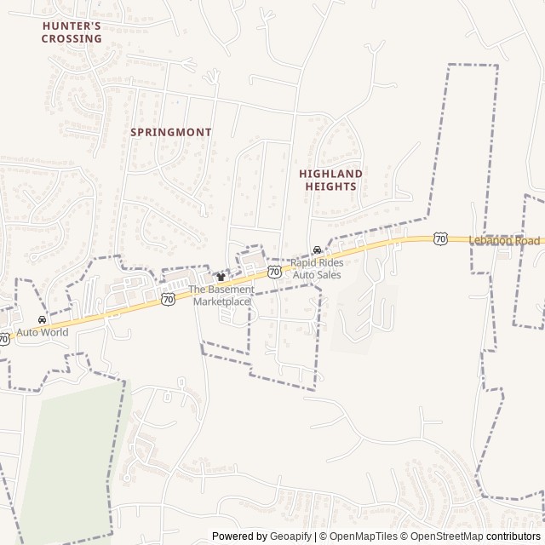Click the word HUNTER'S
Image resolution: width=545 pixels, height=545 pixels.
[x=72, y=26]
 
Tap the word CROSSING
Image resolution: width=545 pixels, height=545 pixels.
[x=72, y=38]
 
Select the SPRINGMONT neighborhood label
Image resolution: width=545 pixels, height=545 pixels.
[x=171, y=132]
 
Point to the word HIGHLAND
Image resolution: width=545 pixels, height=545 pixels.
[x=330, y=174]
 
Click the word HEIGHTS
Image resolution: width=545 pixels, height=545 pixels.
[x=330, y=186]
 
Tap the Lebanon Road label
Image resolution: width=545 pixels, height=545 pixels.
[x=505, y=240]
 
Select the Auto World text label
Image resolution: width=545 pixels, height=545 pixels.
[x=42, y=332]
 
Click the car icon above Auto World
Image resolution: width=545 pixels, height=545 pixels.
[x=42, y=320]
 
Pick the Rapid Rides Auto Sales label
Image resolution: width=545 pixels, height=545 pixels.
[x=317, y=269]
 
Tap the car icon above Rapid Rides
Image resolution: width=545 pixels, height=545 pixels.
[x=317, y=250]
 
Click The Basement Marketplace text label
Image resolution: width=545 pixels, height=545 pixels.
[x=221, y=295]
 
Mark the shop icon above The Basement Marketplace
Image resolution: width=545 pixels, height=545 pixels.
[x=221, y=277]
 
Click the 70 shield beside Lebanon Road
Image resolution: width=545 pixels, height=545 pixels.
[x=439, y=238]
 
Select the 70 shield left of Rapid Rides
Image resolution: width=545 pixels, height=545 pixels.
[x=274, y=272]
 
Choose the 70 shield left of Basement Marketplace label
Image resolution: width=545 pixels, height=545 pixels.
[x=168, y=299]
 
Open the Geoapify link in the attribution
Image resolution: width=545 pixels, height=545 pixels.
[x=291, y=536]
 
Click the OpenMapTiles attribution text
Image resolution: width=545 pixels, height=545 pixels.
[x=364, y=536]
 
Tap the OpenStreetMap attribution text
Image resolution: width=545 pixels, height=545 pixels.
[x=446, y=536]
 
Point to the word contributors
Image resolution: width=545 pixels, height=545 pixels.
[x=513, y=536]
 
